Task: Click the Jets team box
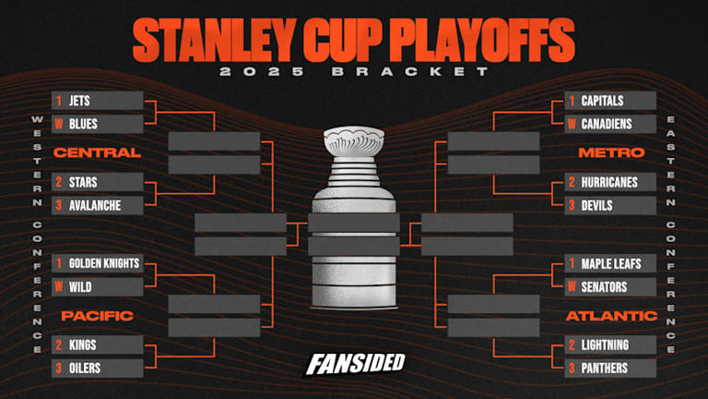98,102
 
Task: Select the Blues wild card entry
98,124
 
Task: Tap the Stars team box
98,182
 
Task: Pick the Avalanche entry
98,204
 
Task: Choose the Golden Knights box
98,264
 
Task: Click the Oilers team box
98,368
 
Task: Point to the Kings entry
98,345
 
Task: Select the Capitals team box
610,102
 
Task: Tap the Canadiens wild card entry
610,124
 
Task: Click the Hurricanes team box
610,182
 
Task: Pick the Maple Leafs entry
610,264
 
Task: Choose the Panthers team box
610,368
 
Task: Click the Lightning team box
610,345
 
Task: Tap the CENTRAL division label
97,152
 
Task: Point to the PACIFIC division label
97,316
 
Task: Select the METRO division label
610,152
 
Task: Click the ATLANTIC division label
610,316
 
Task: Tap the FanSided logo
355,363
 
